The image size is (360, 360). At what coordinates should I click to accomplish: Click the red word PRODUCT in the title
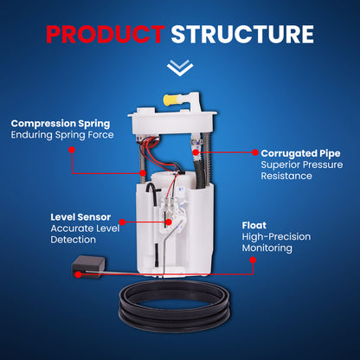[106, 35]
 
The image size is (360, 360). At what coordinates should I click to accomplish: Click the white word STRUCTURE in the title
[242, 35]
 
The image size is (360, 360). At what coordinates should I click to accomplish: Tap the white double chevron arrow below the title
[180, 67]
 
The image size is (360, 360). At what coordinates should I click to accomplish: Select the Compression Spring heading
[61, 124]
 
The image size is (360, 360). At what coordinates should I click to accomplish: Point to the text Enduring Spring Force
[62, 135]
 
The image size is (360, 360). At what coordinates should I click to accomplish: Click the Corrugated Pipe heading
[300, 153]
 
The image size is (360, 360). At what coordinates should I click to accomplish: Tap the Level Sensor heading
[80, 217]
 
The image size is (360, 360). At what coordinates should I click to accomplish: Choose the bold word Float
[254, 225]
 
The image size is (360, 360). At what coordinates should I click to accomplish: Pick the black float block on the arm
[88, 266]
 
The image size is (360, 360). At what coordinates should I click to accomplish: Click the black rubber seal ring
[175, 305]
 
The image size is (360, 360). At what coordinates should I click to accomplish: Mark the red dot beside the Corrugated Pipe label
[255, 152]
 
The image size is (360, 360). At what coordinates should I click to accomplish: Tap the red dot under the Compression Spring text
[72, 150]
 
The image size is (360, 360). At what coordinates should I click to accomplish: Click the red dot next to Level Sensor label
[122, 222]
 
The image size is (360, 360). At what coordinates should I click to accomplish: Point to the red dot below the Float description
[253, 260]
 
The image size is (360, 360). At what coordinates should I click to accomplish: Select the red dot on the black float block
[78, 274]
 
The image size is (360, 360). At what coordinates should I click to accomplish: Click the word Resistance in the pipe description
[286, 176]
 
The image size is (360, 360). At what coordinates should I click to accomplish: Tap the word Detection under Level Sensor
[73, 240]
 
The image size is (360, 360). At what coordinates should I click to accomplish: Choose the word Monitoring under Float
[267, 248]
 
